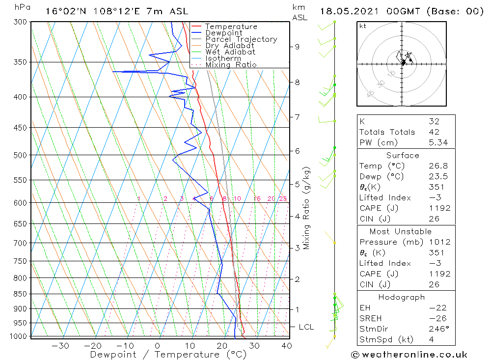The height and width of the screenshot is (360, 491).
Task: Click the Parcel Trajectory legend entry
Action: coord(241,39)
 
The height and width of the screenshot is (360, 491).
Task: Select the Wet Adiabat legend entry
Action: coord(230,52)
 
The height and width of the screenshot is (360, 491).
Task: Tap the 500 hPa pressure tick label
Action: coord(20,155)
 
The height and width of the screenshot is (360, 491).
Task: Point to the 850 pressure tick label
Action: coord(20,294)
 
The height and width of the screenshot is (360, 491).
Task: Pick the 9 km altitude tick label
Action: coord(297,47)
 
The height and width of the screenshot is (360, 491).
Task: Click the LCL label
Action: coord(306,327)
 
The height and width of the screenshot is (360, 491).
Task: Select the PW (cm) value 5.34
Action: coord(438,142)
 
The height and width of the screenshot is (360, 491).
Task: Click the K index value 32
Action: coord(434,121)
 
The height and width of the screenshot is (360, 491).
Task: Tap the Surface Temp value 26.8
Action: coord(438,166)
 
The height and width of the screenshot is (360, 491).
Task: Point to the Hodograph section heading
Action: coord(402,297)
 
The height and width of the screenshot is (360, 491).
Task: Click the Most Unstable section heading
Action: coord(401,231)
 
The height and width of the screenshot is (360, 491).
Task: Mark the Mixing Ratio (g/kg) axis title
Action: coord(306,208)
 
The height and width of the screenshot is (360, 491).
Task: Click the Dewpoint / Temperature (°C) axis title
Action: coord(168,355)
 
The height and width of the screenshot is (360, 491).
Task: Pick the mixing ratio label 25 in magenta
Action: coord(283,198)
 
